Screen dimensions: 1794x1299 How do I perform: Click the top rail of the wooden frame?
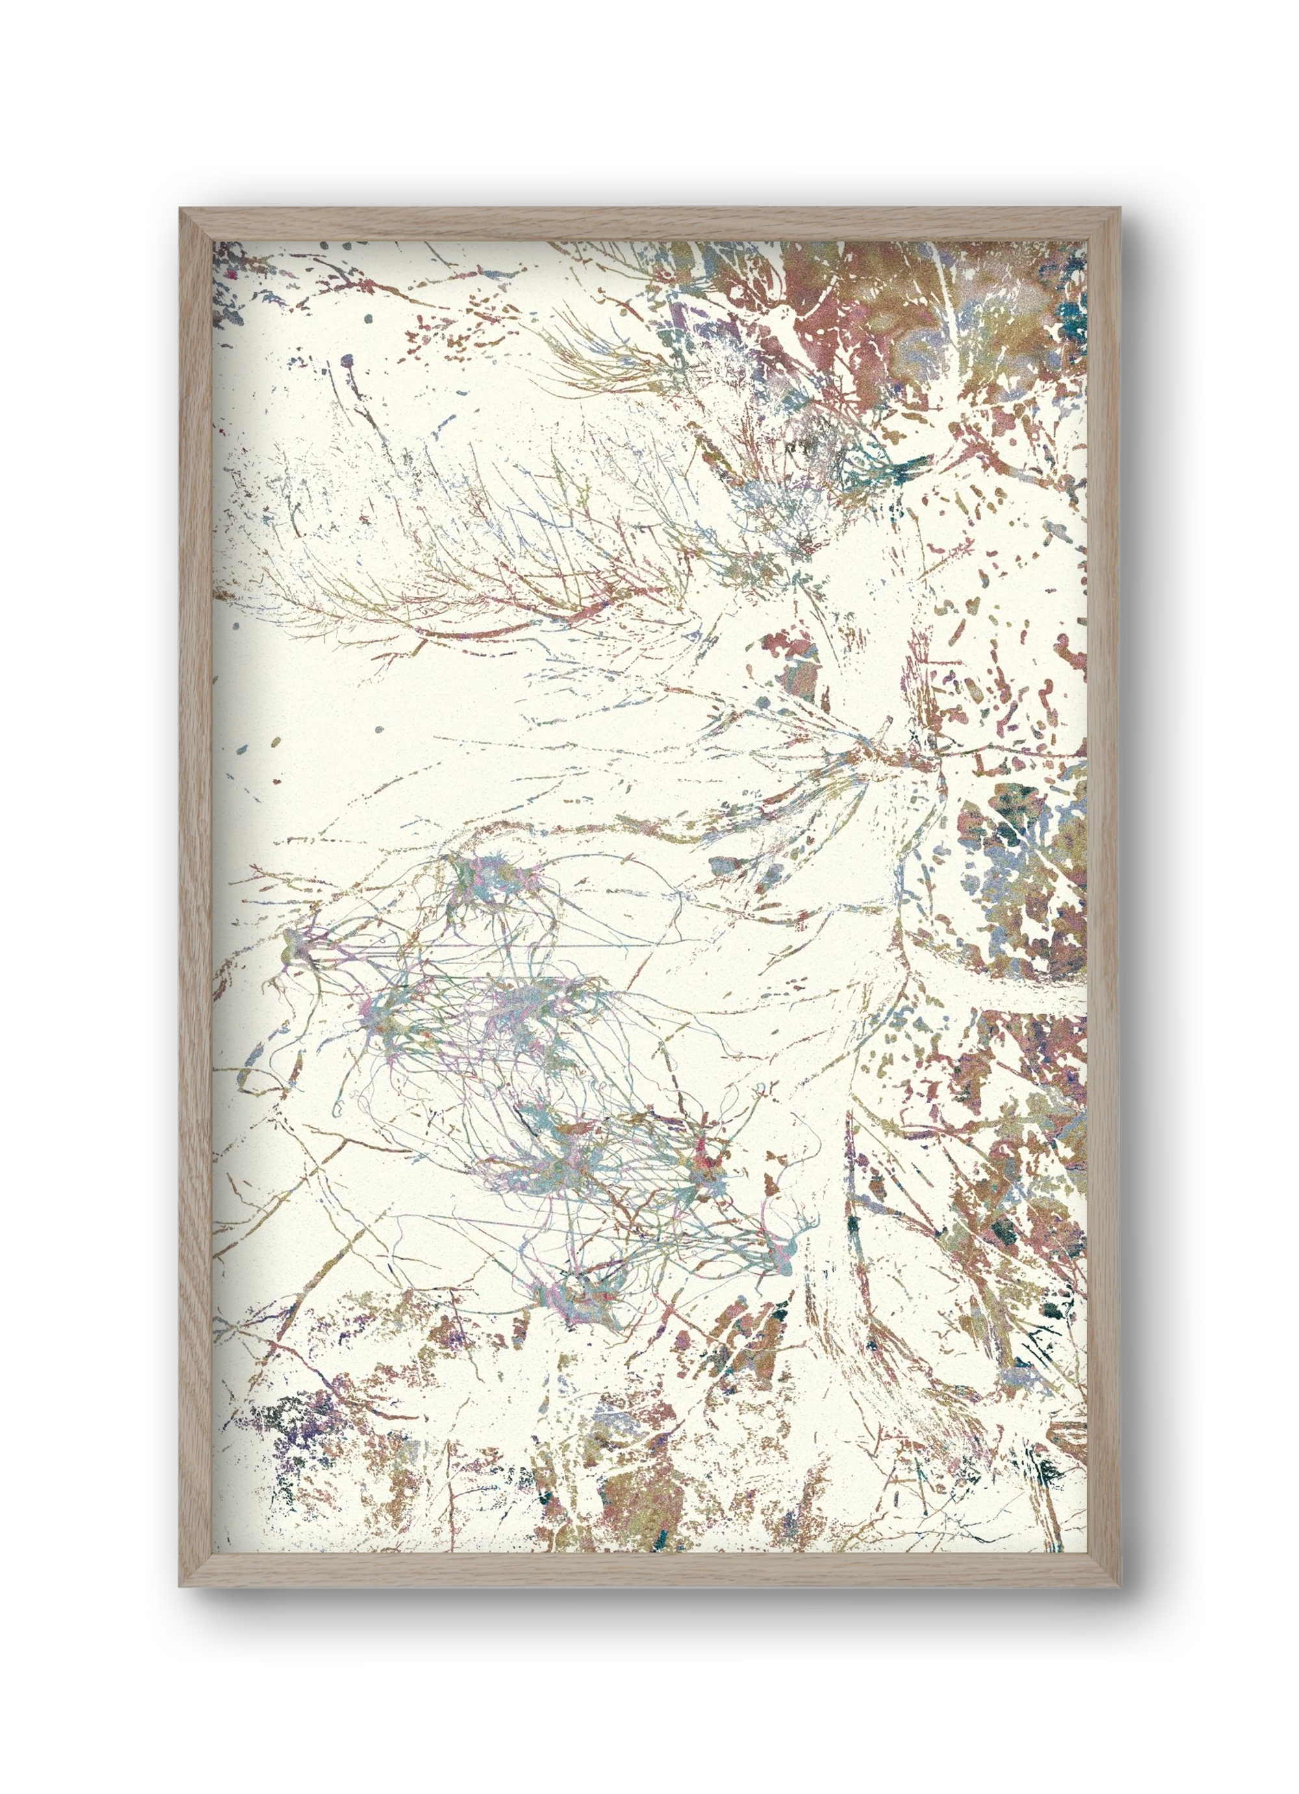[649, 224]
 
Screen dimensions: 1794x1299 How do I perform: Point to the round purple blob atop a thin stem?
[346, 362]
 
